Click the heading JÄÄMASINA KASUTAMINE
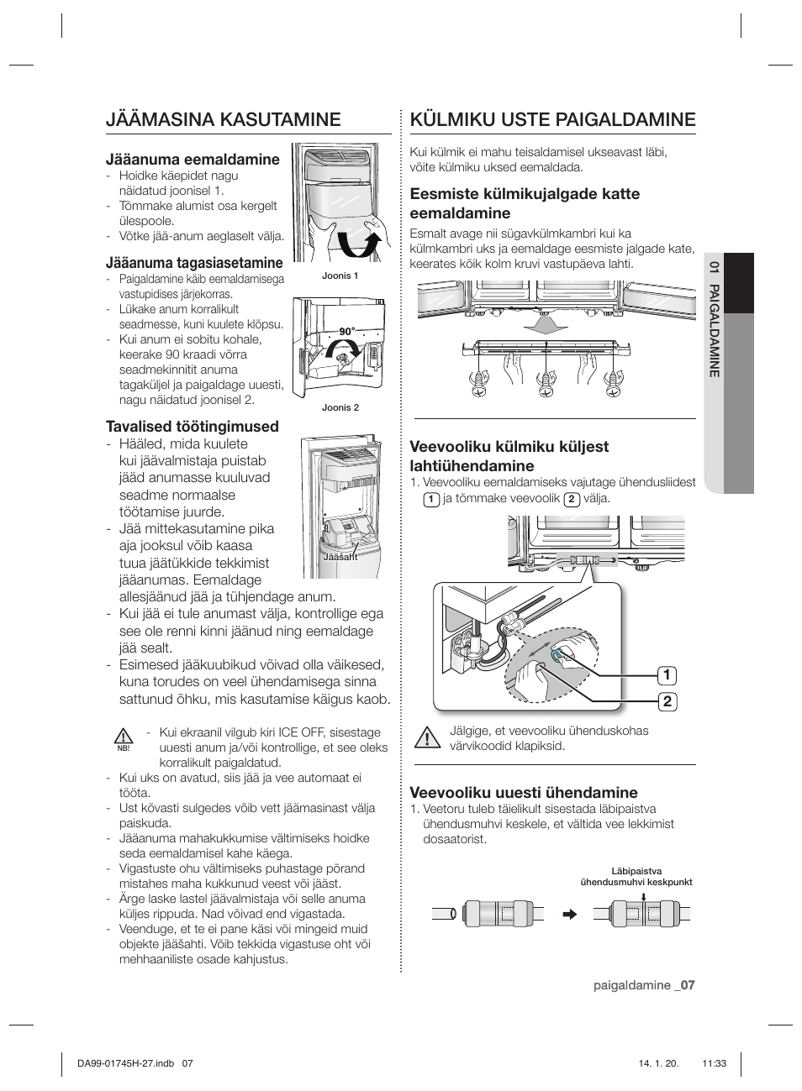click(x=224, y=120)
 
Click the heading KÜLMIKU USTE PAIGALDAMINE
click(x=553, y=120)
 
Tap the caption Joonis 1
click(x=340, y=275)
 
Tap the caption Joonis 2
click(x=340, y=407)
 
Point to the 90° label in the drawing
click(x=347, y=331)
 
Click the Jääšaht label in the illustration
click(x=340, y=557)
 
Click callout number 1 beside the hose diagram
click(x=667, y=675)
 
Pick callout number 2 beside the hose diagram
click(x=667, y=702)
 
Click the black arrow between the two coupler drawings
click(x=569, y=914)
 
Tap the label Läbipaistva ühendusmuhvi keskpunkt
click(x=636, y=876)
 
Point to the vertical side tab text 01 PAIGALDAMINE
click(x=715, y=319)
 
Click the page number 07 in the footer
click(x=688, y=985)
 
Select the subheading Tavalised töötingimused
click(x=192, y=427)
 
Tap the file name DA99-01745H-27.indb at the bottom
click(x=126, y=1062)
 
